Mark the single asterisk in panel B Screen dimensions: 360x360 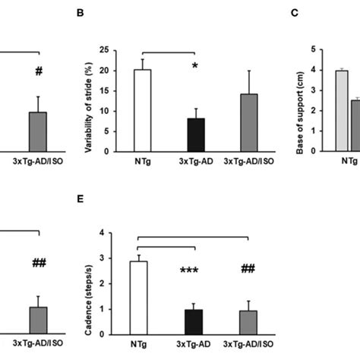pos(195,68)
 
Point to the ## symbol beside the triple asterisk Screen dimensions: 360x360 pos(248,269)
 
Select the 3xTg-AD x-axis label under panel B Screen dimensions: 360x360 pos(195,162)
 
